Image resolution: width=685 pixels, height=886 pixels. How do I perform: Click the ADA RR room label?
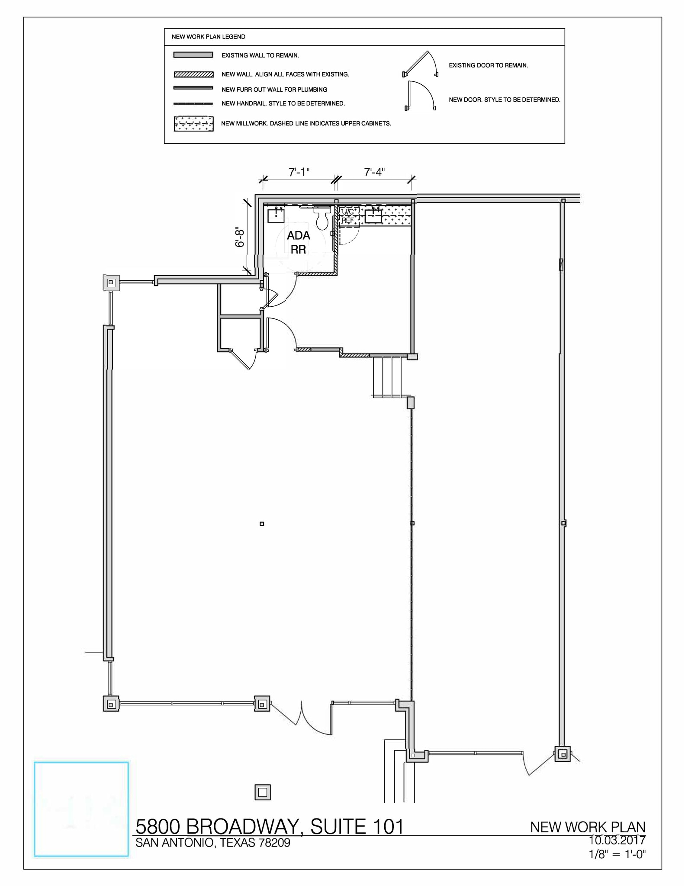click(298, 242)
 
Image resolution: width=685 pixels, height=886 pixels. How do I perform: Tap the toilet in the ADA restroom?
click(322, 218)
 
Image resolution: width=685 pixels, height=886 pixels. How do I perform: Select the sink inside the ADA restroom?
click(276, 215)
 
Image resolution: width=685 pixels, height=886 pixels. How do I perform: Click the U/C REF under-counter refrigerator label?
click(348, 216)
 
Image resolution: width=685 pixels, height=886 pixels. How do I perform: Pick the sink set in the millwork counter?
click(373, 215)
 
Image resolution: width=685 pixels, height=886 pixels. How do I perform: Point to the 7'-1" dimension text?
click(299, 172)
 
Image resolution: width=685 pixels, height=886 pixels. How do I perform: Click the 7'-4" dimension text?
click(374, 172)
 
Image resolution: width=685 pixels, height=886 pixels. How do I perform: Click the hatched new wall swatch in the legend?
click(193, 74)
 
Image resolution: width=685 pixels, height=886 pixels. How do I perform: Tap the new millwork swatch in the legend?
click(193, 124)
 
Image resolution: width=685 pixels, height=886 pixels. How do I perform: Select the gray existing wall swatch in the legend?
click(193, 55)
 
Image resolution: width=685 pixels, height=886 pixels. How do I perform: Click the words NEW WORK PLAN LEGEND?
click(208, 37)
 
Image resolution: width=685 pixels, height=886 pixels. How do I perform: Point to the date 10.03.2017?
click(617, 840)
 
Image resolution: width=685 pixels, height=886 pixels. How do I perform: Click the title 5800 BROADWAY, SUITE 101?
click(270, 827)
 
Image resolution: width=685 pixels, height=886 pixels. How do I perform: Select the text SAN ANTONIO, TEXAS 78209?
click(213, 843)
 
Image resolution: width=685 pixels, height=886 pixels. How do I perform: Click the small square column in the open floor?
click(262, 524)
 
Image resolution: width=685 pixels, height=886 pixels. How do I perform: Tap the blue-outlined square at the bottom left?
click(81, 809)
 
